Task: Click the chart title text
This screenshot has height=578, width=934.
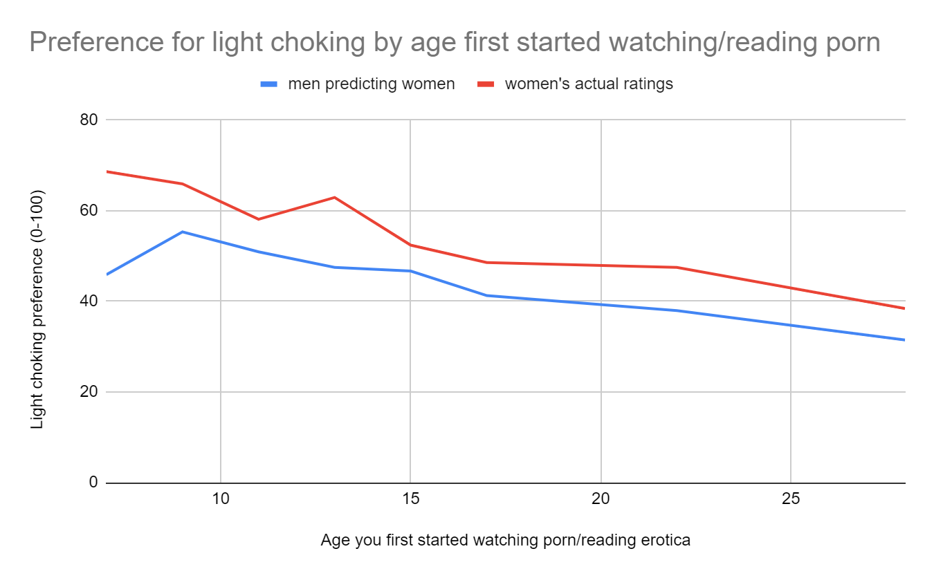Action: [x=455, y=43]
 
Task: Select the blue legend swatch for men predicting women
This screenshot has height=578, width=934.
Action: [x=268, y=84]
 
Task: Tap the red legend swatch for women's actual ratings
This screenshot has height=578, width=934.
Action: [x=486, y=84]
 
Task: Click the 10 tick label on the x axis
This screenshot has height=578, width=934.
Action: [x=220, y=500]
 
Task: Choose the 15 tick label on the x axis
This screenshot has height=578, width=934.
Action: [x=410, y=500]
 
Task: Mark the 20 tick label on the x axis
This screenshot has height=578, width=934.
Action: [x=601, y=500]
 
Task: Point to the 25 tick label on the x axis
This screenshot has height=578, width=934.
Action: [x=791, y=500]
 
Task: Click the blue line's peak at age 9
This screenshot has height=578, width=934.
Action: [x=182, y=232]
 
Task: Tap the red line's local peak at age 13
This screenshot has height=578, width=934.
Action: [x=334, y=197]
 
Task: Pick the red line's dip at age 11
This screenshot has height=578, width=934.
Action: [x=258, y=219]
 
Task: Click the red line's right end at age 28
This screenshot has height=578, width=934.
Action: [x=904, y=308]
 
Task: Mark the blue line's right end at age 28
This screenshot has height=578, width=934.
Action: [x=904, y=339]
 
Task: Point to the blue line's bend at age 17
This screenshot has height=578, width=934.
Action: [x=486, y=295]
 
